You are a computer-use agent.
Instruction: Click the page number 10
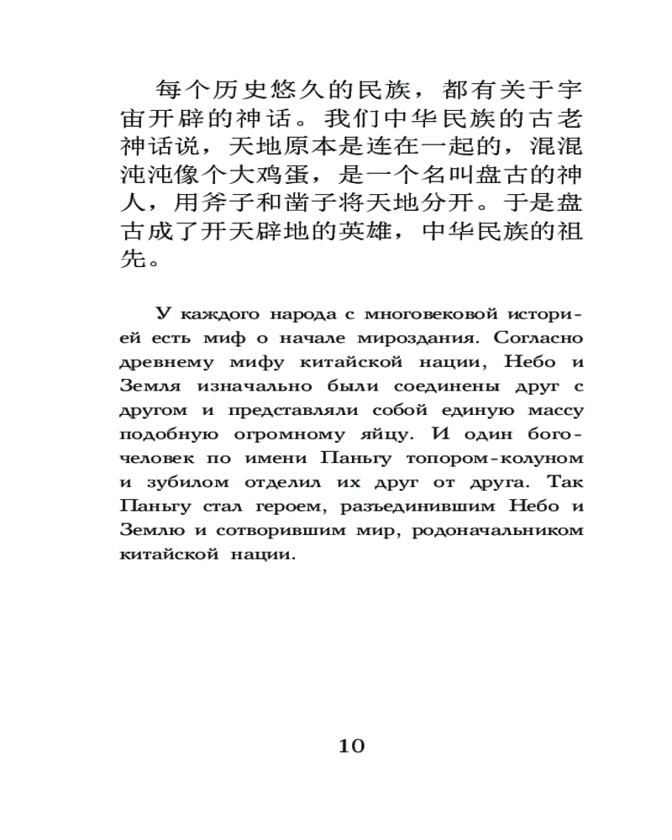click(x=352, y=746)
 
